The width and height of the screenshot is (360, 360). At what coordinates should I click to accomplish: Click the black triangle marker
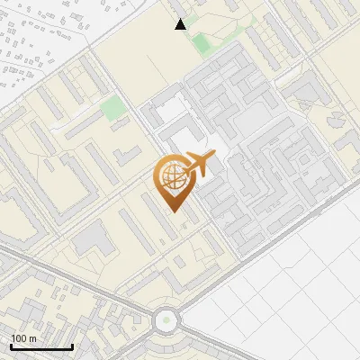pos(181,24)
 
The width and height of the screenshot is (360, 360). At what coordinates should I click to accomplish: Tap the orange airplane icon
pos(200,164)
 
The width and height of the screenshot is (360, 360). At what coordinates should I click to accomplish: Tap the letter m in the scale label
pos(33,338)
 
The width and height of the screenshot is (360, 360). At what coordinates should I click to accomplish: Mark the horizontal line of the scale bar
pos(41,347)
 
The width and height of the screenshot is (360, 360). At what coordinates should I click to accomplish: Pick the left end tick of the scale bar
pos(11,346)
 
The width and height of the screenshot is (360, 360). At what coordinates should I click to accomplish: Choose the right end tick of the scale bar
pos(72,346)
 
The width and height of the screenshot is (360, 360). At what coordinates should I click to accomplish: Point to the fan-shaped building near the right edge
pos(335,121)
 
